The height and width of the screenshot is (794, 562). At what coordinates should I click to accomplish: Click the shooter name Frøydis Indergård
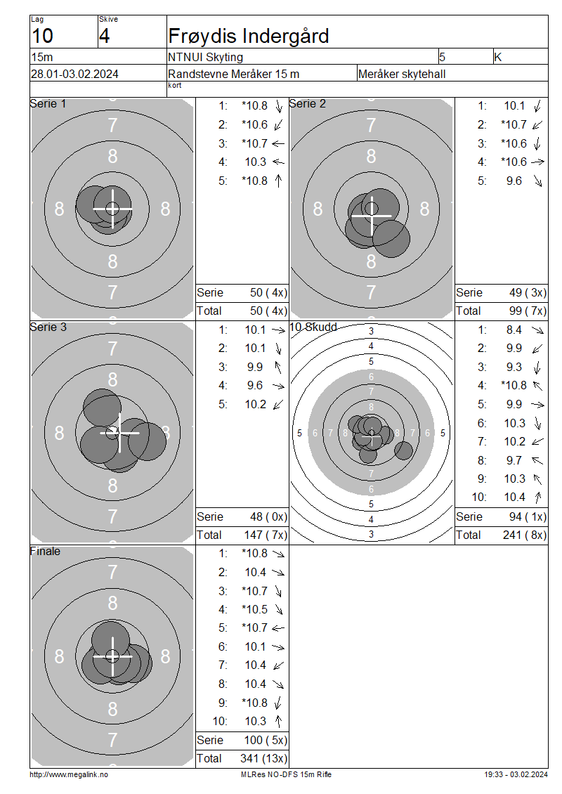(x=249, y=37)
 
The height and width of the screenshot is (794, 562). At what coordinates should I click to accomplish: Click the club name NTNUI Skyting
(x=206, y=57)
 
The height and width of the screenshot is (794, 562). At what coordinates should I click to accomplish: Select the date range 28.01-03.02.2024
(x=75, y=74)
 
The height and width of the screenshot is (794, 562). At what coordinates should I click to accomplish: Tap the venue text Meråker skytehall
(x=402, y=74)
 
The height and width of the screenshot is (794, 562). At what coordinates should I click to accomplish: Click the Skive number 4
(x=104, y=36)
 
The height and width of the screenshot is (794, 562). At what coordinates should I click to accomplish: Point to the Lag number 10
(x=43, y=36)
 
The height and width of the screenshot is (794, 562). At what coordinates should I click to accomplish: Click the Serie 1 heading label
(x=48, y=104)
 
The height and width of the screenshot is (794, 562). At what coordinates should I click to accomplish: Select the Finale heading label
(x=45, y=551)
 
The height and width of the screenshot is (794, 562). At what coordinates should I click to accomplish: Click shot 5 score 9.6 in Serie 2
(x=514, y=181)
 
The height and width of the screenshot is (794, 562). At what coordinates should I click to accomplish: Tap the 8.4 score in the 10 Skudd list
(x=514, y=330)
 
